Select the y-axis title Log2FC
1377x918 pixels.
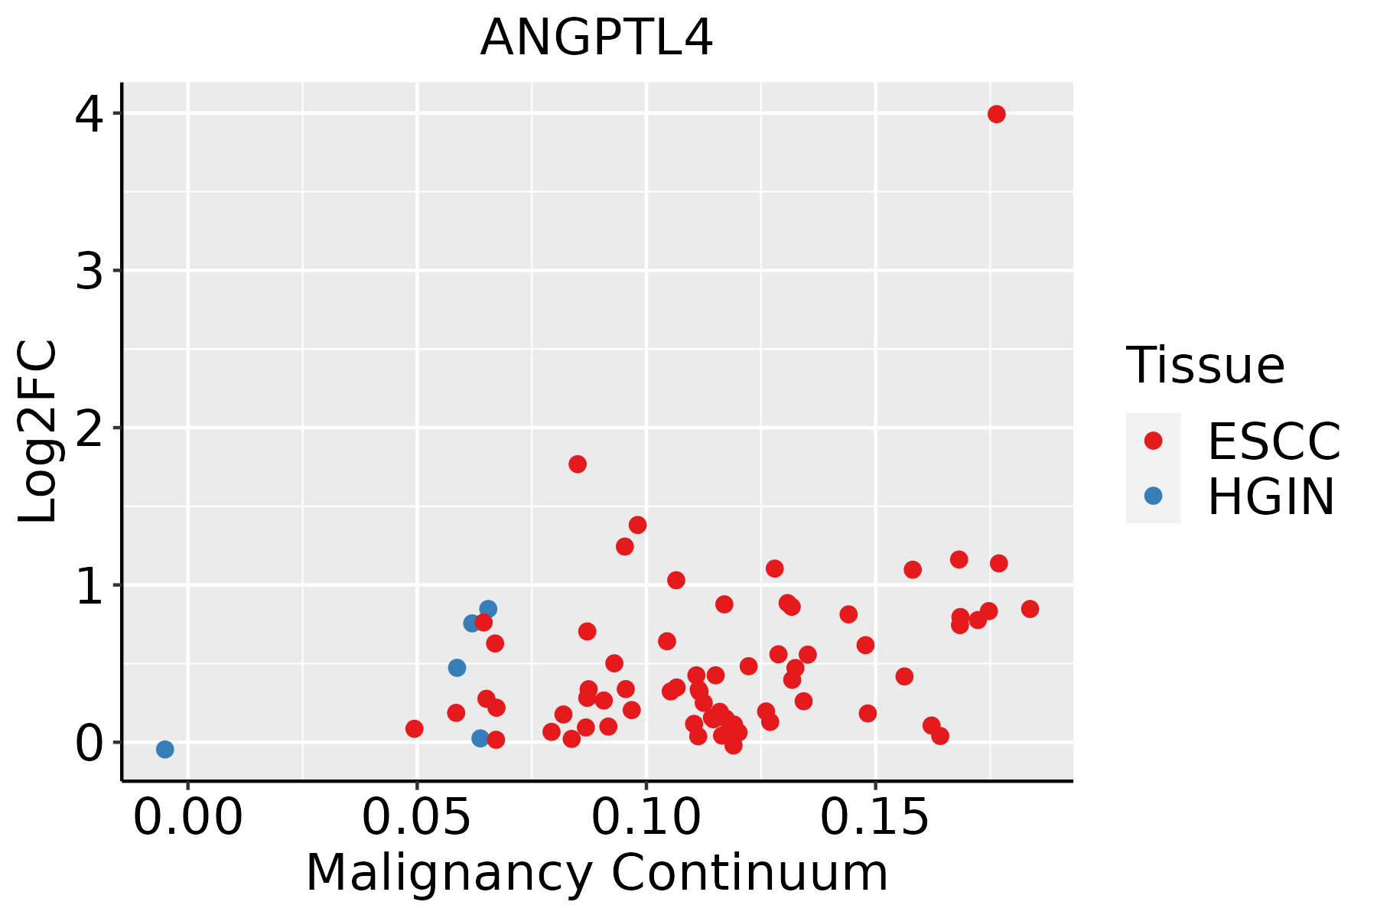[x=38, y=431]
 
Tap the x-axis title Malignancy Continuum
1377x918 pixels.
[x=597, y=873]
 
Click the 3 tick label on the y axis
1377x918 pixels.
[x=89, y=271]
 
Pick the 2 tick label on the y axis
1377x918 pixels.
[x=89, y=428]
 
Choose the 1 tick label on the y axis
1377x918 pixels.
[x=89, y=585]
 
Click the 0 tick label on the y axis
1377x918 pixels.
[x=89, y=743]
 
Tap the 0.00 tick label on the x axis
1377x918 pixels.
[x=187, y=819]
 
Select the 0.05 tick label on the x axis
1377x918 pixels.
[x=417, y=819]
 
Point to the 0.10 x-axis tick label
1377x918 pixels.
[x=646, y=819]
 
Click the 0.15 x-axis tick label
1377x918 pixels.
[x=876, y=819]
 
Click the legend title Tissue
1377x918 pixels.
[x=1206, y=366]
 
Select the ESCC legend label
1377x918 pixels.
[x=1274, y=441]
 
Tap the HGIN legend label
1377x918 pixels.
[x=1271, y=497]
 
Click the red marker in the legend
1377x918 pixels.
[x=1153, y=441]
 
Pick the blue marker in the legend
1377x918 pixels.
[x=1153, y=496]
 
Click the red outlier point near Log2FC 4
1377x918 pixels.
[x=996, y=114]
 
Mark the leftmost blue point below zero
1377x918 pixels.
[x=164, y=749]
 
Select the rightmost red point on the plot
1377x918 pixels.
[x=1030, y=609]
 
